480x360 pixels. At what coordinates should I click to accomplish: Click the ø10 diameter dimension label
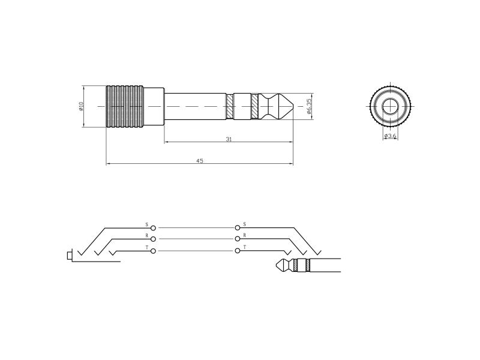coord(81,106)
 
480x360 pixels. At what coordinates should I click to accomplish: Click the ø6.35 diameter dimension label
coord(308,106)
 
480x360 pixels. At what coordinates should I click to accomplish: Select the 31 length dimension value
coord(229,139)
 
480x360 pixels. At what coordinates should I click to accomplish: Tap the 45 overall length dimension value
coord(200,161)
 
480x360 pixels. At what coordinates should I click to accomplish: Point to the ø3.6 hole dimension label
coord(391,136)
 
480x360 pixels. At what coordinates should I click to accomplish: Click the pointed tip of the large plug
coord(293,106)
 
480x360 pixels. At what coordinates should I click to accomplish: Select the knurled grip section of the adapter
coord(125,106)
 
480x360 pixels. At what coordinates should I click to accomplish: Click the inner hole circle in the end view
coord(391,106)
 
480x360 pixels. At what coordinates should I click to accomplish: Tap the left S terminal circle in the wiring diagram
coord(154,228)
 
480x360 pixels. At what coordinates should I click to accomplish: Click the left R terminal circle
coord(154,239)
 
